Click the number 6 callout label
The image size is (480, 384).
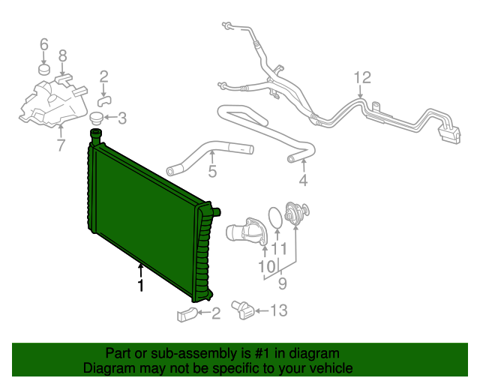(x=43, y=44)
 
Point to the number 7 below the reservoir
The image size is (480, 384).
(x=61, y=145)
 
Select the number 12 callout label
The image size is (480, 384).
(x=361, y=77)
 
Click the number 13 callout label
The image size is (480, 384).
(x=278, y=310)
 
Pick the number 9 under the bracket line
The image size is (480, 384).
(x=282, y=283)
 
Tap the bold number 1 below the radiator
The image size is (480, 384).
(x=140, y=286)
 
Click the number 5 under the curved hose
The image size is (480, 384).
(x=212, y=172)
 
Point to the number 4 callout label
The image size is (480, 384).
(x=302, y=181)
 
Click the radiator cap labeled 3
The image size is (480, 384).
(x=96, y=118)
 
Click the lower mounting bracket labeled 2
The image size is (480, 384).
(x=187, y=315)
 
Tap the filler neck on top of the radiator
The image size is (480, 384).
(x=96, y=136)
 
